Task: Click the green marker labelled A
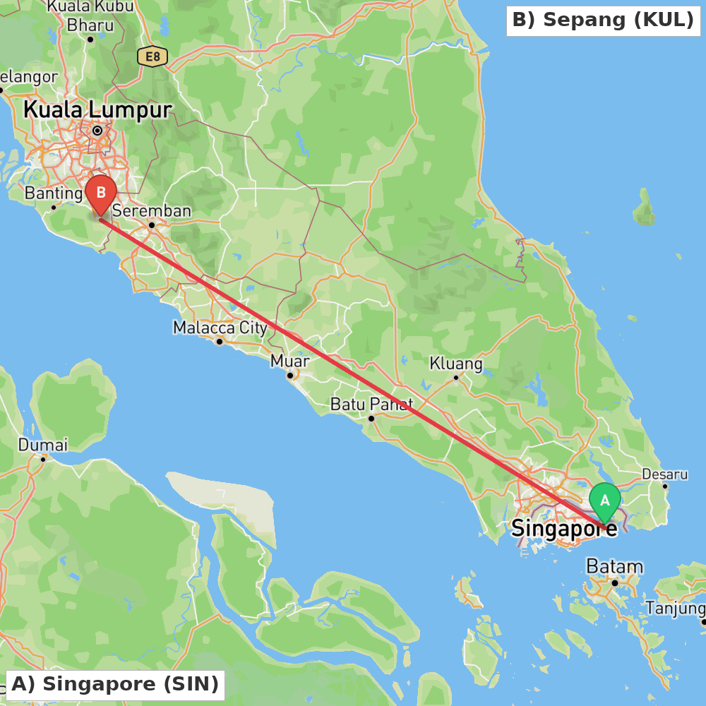(x=604, y=500)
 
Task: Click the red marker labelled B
(x=101, y=193)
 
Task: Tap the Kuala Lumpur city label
(x=97, y=110)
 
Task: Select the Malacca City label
(x=220, y=328)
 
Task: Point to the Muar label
(x=290, y=361)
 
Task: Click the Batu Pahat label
(x=371, y=405)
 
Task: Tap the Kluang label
(x=456, y=364)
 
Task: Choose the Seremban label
(x=151, y=210)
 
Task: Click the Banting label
(x=54, y=193)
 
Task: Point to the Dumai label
(x=43, y=445)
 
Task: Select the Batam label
(x=615, y=566)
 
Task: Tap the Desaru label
(x=664, y=474)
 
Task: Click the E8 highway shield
(x=152, y=56)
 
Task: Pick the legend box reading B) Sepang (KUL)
(x=603, y=20)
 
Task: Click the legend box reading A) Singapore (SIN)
(x=115, y=684)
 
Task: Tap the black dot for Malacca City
(x=220, y=342)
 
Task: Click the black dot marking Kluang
(x=456, y=378)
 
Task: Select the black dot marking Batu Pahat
(x=371, y=419)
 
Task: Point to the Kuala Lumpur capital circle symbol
(x=97, y=131)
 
